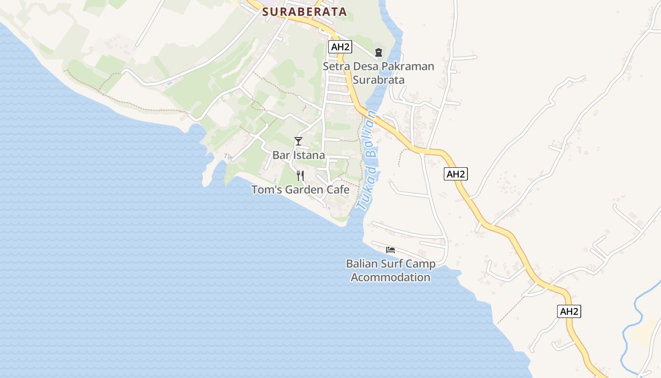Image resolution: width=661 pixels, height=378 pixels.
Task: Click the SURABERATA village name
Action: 305,12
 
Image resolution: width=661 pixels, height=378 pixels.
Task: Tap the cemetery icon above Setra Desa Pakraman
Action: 378,52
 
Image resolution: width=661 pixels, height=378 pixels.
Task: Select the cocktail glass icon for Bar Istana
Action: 298,141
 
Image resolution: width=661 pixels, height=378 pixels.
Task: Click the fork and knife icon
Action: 300,176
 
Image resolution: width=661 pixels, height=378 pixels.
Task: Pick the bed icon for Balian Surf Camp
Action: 390,249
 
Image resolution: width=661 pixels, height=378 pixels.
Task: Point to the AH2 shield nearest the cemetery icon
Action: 340,47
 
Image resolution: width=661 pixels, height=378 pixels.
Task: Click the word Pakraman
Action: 407,66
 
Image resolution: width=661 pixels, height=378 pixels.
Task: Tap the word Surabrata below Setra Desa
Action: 379,79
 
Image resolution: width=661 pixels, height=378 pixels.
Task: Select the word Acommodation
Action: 390,277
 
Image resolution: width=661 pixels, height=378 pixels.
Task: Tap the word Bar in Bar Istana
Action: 280,155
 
